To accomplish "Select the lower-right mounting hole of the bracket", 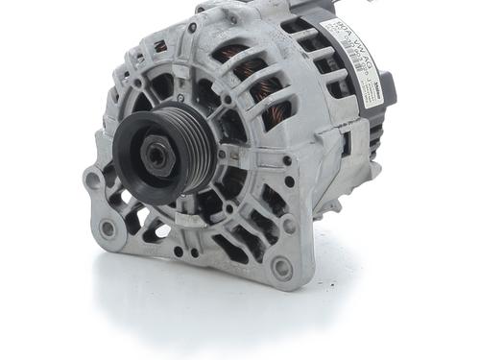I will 280,269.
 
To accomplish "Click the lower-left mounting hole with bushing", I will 108,228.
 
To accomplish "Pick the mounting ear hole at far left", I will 92,180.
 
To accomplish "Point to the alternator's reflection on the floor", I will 221,307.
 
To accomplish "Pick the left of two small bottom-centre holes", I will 179,252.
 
